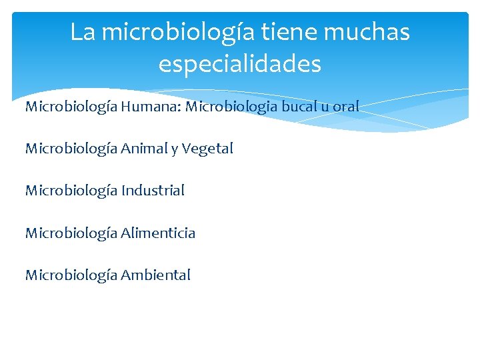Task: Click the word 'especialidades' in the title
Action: click(x=240, y=65)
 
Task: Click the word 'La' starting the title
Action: click(x=83, y=32)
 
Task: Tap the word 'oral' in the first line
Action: click(x=347, y=106)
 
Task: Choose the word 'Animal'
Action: click(x=143, y=148)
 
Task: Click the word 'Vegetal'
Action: click(x=207, y=149)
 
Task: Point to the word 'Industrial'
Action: click(x=153, y=191)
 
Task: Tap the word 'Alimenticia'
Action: click(x=158, y=233)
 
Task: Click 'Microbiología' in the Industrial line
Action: click(x=71, y=191)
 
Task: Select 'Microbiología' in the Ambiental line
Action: click(x=71, y=275)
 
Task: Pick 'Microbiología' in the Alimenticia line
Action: click(x=71, y=233)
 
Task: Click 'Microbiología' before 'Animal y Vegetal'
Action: click(x=71, y=149)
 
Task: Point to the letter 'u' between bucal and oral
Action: click(x=327, y=107)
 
